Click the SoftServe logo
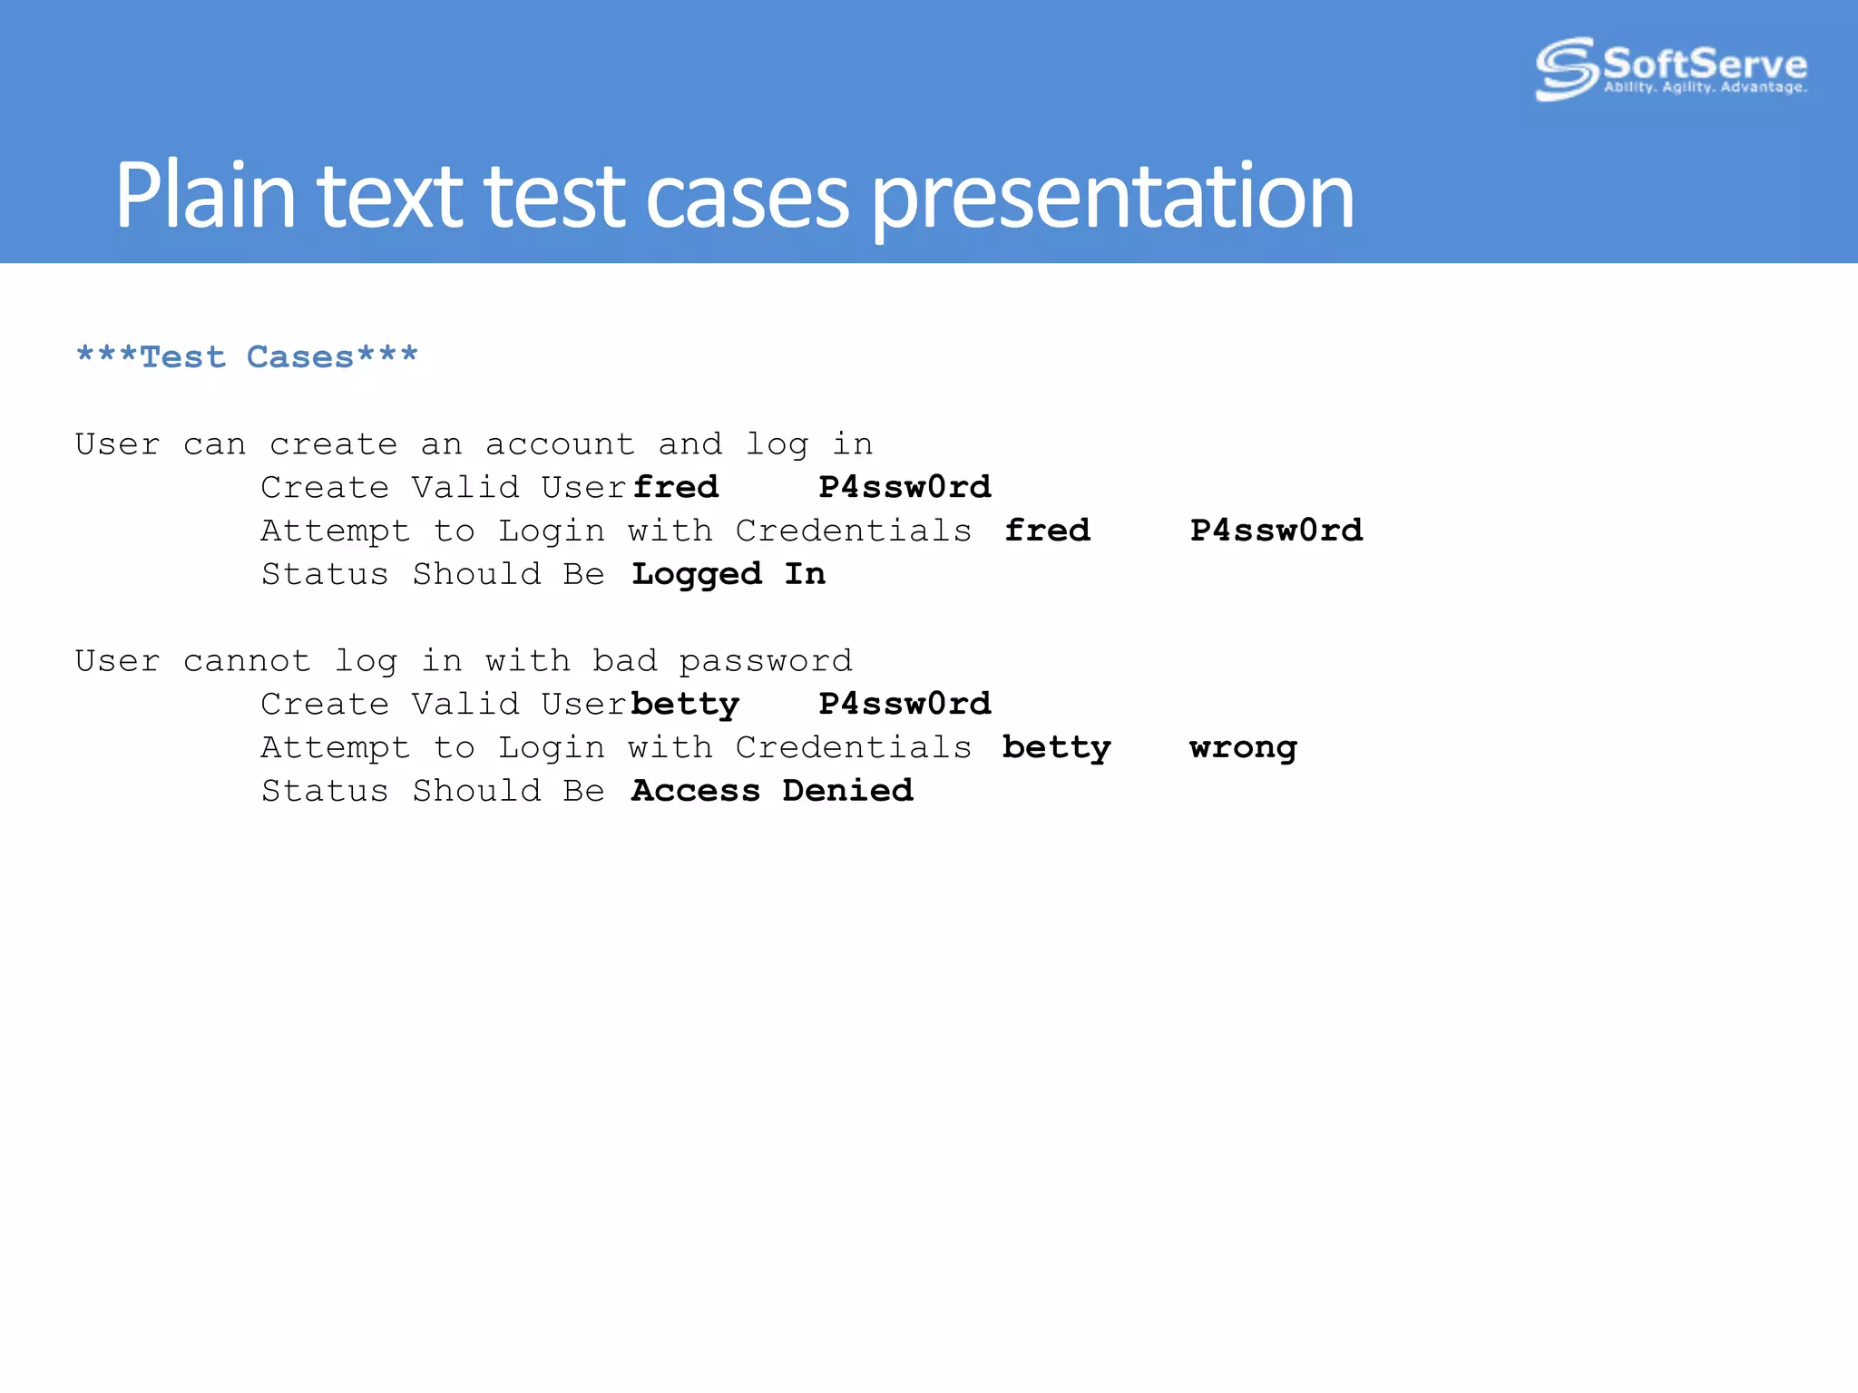click(1669, 68)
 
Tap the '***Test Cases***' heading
click(247, 356)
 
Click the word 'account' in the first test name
click(560, 444)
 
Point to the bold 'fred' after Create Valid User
click(676, 487)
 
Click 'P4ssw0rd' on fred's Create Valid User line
click(905, 487)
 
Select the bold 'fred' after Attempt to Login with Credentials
click(1047, 531)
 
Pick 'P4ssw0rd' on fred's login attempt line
click(1276, 531)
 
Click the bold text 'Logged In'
click(729, 574)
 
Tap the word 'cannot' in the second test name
click(247, 661)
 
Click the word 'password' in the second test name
click(766, 661)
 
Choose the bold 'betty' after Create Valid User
click(685, 705)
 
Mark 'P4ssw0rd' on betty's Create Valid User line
click(905, 705)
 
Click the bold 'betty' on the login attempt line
click(1056, 748)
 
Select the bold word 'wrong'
click(1243, 748)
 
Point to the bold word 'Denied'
click(847, 791)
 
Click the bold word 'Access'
click(696, 791)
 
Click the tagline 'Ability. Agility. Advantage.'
click(1706, 88)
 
